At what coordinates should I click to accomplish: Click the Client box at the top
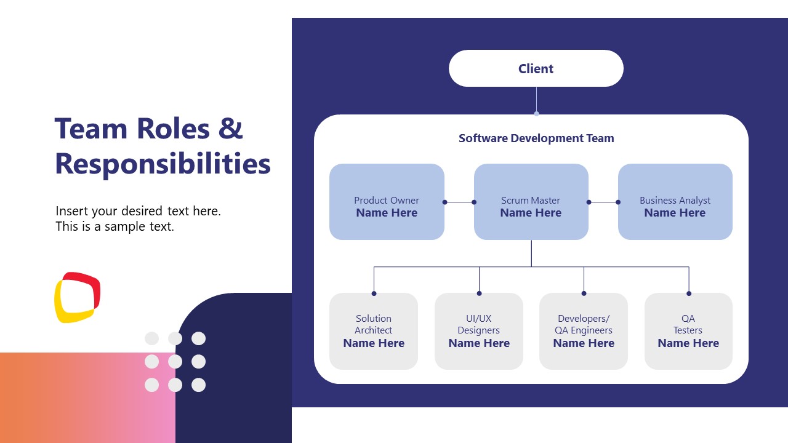point(536,68)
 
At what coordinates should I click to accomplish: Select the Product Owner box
point(387,202)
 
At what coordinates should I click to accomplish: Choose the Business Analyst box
point(675,202)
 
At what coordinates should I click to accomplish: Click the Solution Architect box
point(374,331)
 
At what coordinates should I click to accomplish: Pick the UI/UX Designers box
point(479,331)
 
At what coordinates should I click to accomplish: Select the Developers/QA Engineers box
point(584,331)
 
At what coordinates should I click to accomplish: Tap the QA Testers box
point(688,331)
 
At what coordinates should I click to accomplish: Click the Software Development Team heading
point(536,138)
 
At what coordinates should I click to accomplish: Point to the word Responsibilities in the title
point(163,164)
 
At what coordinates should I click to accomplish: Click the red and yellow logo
point(77,297)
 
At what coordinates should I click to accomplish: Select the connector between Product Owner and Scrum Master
point(459,202)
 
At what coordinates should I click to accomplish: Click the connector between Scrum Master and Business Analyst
point(603,202)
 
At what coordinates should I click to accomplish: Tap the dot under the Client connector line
point(536,114)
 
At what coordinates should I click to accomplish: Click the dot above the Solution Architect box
point(374,293)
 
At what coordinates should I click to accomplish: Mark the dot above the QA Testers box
point(689,293)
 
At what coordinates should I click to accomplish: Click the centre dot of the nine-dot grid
point(175,362)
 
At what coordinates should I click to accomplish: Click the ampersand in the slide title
point(231,129)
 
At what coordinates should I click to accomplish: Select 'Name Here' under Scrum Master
point(531,213)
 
